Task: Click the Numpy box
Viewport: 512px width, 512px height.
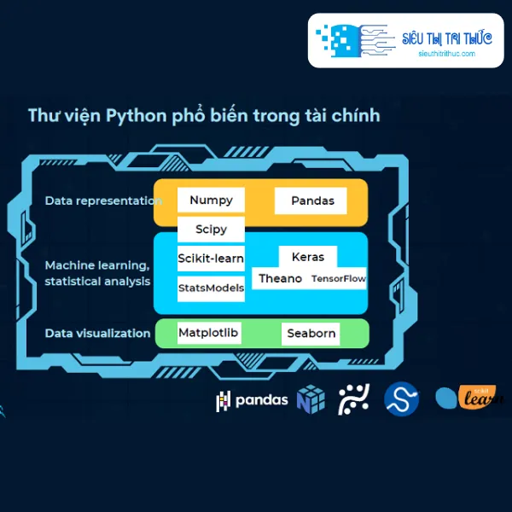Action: click(x=211, y=200)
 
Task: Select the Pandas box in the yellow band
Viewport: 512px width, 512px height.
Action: click(x=311, y=201)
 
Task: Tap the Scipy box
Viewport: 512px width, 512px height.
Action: click(x=211, y=230)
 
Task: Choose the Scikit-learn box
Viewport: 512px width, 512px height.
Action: click(x=211, y=259)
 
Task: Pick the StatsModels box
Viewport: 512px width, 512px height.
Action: click(x=211, y=288)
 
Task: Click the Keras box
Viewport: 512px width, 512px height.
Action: click(x=307, y=257)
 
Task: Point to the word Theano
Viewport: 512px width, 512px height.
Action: click(x=280, y=278)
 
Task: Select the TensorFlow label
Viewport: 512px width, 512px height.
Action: click(x=339, y=278)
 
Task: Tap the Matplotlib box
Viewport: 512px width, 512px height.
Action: click(x=209, y=333)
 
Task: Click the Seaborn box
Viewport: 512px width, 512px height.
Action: click(x=311, y=334)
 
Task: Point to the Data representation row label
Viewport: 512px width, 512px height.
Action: click(x=103, y=201)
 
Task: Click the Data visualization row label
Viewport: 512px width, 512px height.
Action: click(x=97, y=334)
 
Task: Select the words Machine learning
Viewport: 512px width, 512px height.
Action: click(x=97, y=265)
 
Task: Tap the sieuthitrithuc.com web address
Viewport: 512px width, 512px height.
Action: click(x=446, y=54)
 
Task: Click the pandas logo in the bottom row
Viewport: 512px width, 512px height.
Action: click(x=252, y=400)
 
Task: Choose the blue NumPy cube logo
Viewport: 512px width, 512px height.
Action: click(x=311, y=399)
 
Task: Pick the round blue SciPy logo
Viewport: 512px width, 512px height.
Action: click(x=401, y=399)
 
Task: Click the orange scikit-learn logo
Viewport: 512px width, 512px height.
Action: click(x=469, y=397)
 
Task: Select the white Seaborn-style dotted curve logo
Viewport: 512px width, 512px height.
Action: click(x=353, y=399)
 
